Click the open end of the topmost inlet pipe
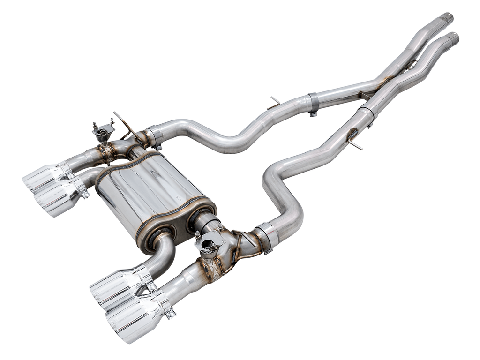pos(447,17)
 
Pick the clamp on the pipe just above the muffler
pos(155,135)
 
